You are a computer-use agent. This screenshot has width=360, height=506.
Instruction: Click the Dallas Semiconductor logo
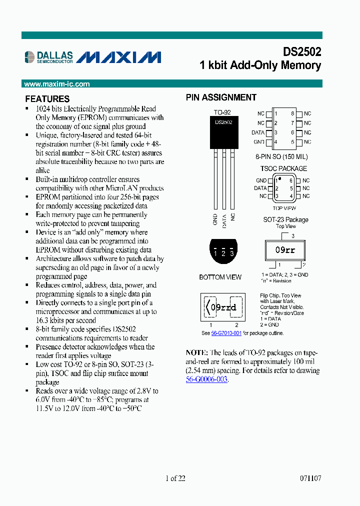point(48,57)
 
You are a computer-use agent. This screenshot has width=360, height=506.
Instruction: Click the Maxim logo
point(119,57)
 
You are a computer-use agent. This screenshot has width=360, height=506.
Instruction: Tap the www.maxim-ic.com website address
point(57,84)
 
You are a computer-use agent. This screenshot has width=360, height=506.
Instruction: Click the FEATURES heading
point(47,99)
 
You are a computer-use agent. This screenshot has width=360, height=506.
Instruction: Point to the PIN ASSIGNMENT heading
point(221,97)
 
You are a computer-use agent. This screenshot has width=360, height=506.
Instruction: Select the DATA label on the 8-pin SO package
point(258,132)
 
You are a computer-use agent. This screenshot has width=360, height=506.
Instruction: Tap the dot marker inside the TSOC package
point(279,178)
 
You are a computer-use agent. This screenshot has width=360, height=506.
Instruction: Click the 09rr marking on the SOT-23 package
point(285,250)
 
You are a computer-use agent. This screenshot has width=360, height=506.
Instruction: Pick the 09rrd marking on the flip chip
point(223,307)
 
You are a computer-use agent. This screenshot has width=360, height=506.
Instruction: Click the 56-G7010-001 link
point(226,333)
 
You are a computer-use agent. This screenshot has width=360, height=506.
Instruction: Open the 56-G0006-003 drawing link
point(206,379)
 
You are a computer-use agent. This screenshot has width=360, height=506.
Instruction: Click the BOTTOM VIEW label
point(220,277)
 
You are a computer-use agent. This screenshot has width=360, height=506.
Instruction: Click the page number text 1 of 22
point(175,478)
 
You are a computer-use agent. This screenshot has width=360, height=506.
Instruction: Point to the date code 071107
point(310,478)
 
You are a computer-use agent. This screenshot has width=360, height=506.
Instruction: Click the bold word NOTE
point(195,352)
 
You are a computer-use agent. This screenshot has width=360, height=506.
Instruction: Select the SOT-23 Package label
point(285,219)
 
